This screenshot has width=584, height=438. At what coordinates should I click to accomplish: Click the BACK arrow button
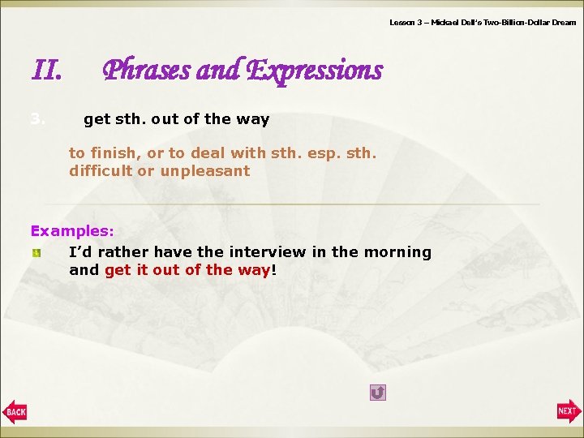tap(15, 412)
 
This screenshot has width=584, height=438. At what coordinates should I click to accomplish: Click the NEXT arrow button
tap(569, 411)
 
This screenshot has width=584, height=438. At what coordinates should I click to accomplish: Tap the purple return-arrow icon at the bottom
tap(377, 393)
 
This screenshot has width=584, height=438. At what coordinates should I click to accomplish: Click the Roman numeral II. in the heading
tap(46, 72)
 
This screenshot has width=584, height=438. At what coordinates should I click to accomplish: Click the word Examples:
tap(72, 230)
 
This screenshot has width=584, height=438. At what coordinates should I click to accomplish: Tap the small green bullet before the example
tap(36, 253)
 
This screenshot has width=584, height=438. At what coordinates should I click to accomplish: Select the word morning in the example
tap(398, 252)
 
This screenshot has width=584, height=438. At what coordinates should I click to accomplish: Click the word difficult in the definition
tap(101, 171)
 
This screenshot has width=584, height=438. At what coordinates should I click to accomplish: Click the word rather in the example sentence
tap(123, 252)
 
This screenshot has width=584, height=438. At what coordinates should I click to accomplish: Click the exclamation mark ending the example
tap(274, 271)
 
